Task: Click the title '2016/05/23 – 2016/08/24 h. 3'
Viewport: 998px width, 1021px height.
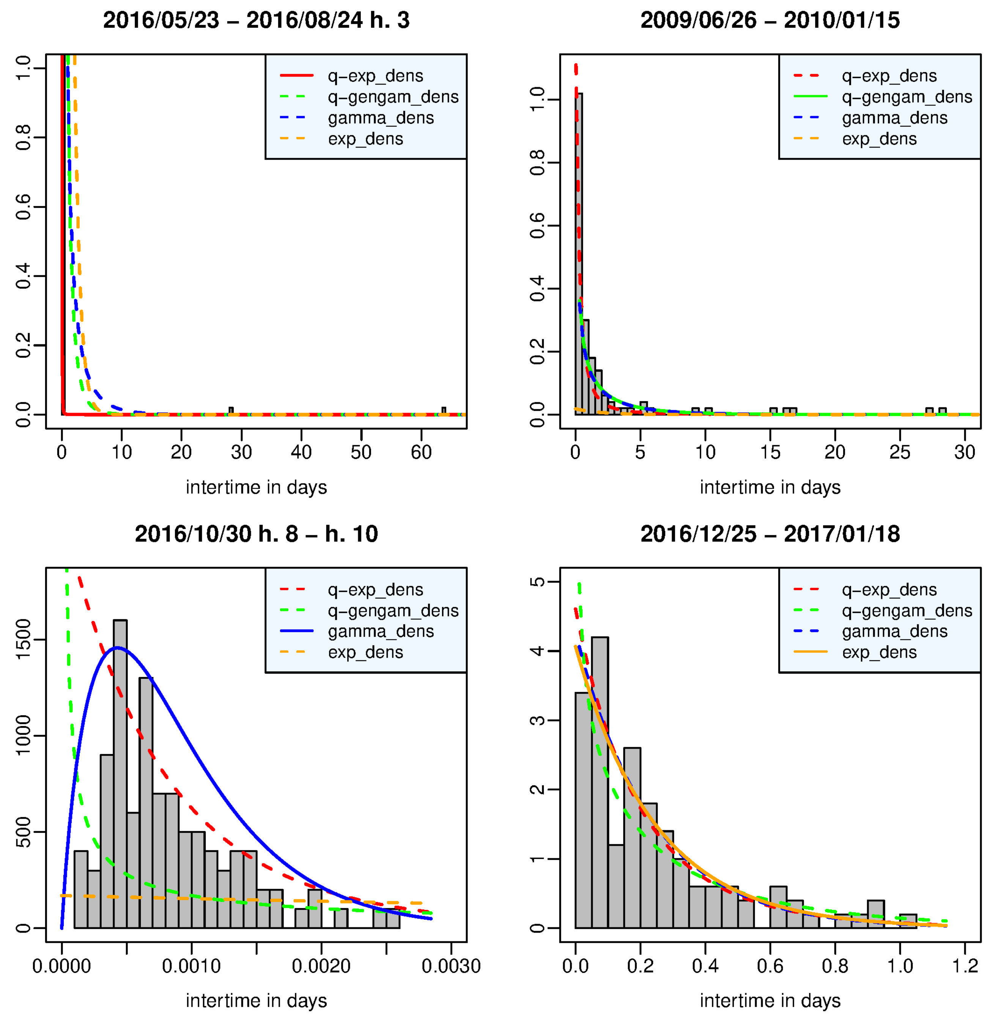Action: [256, 20]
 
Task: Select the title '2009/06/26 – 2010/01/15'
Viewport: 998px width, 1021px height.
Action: [770, 20]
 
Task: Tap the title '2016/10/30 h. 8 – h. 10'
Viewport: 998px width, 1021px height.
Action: [256, 534]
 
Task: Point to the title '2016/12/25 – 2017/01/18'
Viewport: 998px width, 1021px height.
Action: [770, 534]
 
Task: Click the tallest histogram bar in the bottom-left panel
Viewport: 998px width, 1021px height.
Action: [120, 775]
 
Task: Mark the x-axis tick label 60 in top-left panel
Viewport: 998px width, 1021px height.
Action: [421, 452]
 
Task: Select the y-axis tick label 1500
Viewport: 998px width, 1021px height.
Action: [24, 639]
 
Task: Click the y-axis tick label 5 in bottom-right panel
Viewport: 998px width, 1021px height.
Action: [537, 582]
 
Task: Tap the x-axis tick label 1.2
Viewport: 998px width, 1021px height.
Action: [965, 966]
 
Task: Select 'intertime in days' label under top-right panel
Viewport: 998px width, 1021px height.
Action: [770, 487]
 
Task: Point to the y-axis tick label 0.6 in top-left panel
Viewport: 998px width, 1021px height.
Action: [24, 207]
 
